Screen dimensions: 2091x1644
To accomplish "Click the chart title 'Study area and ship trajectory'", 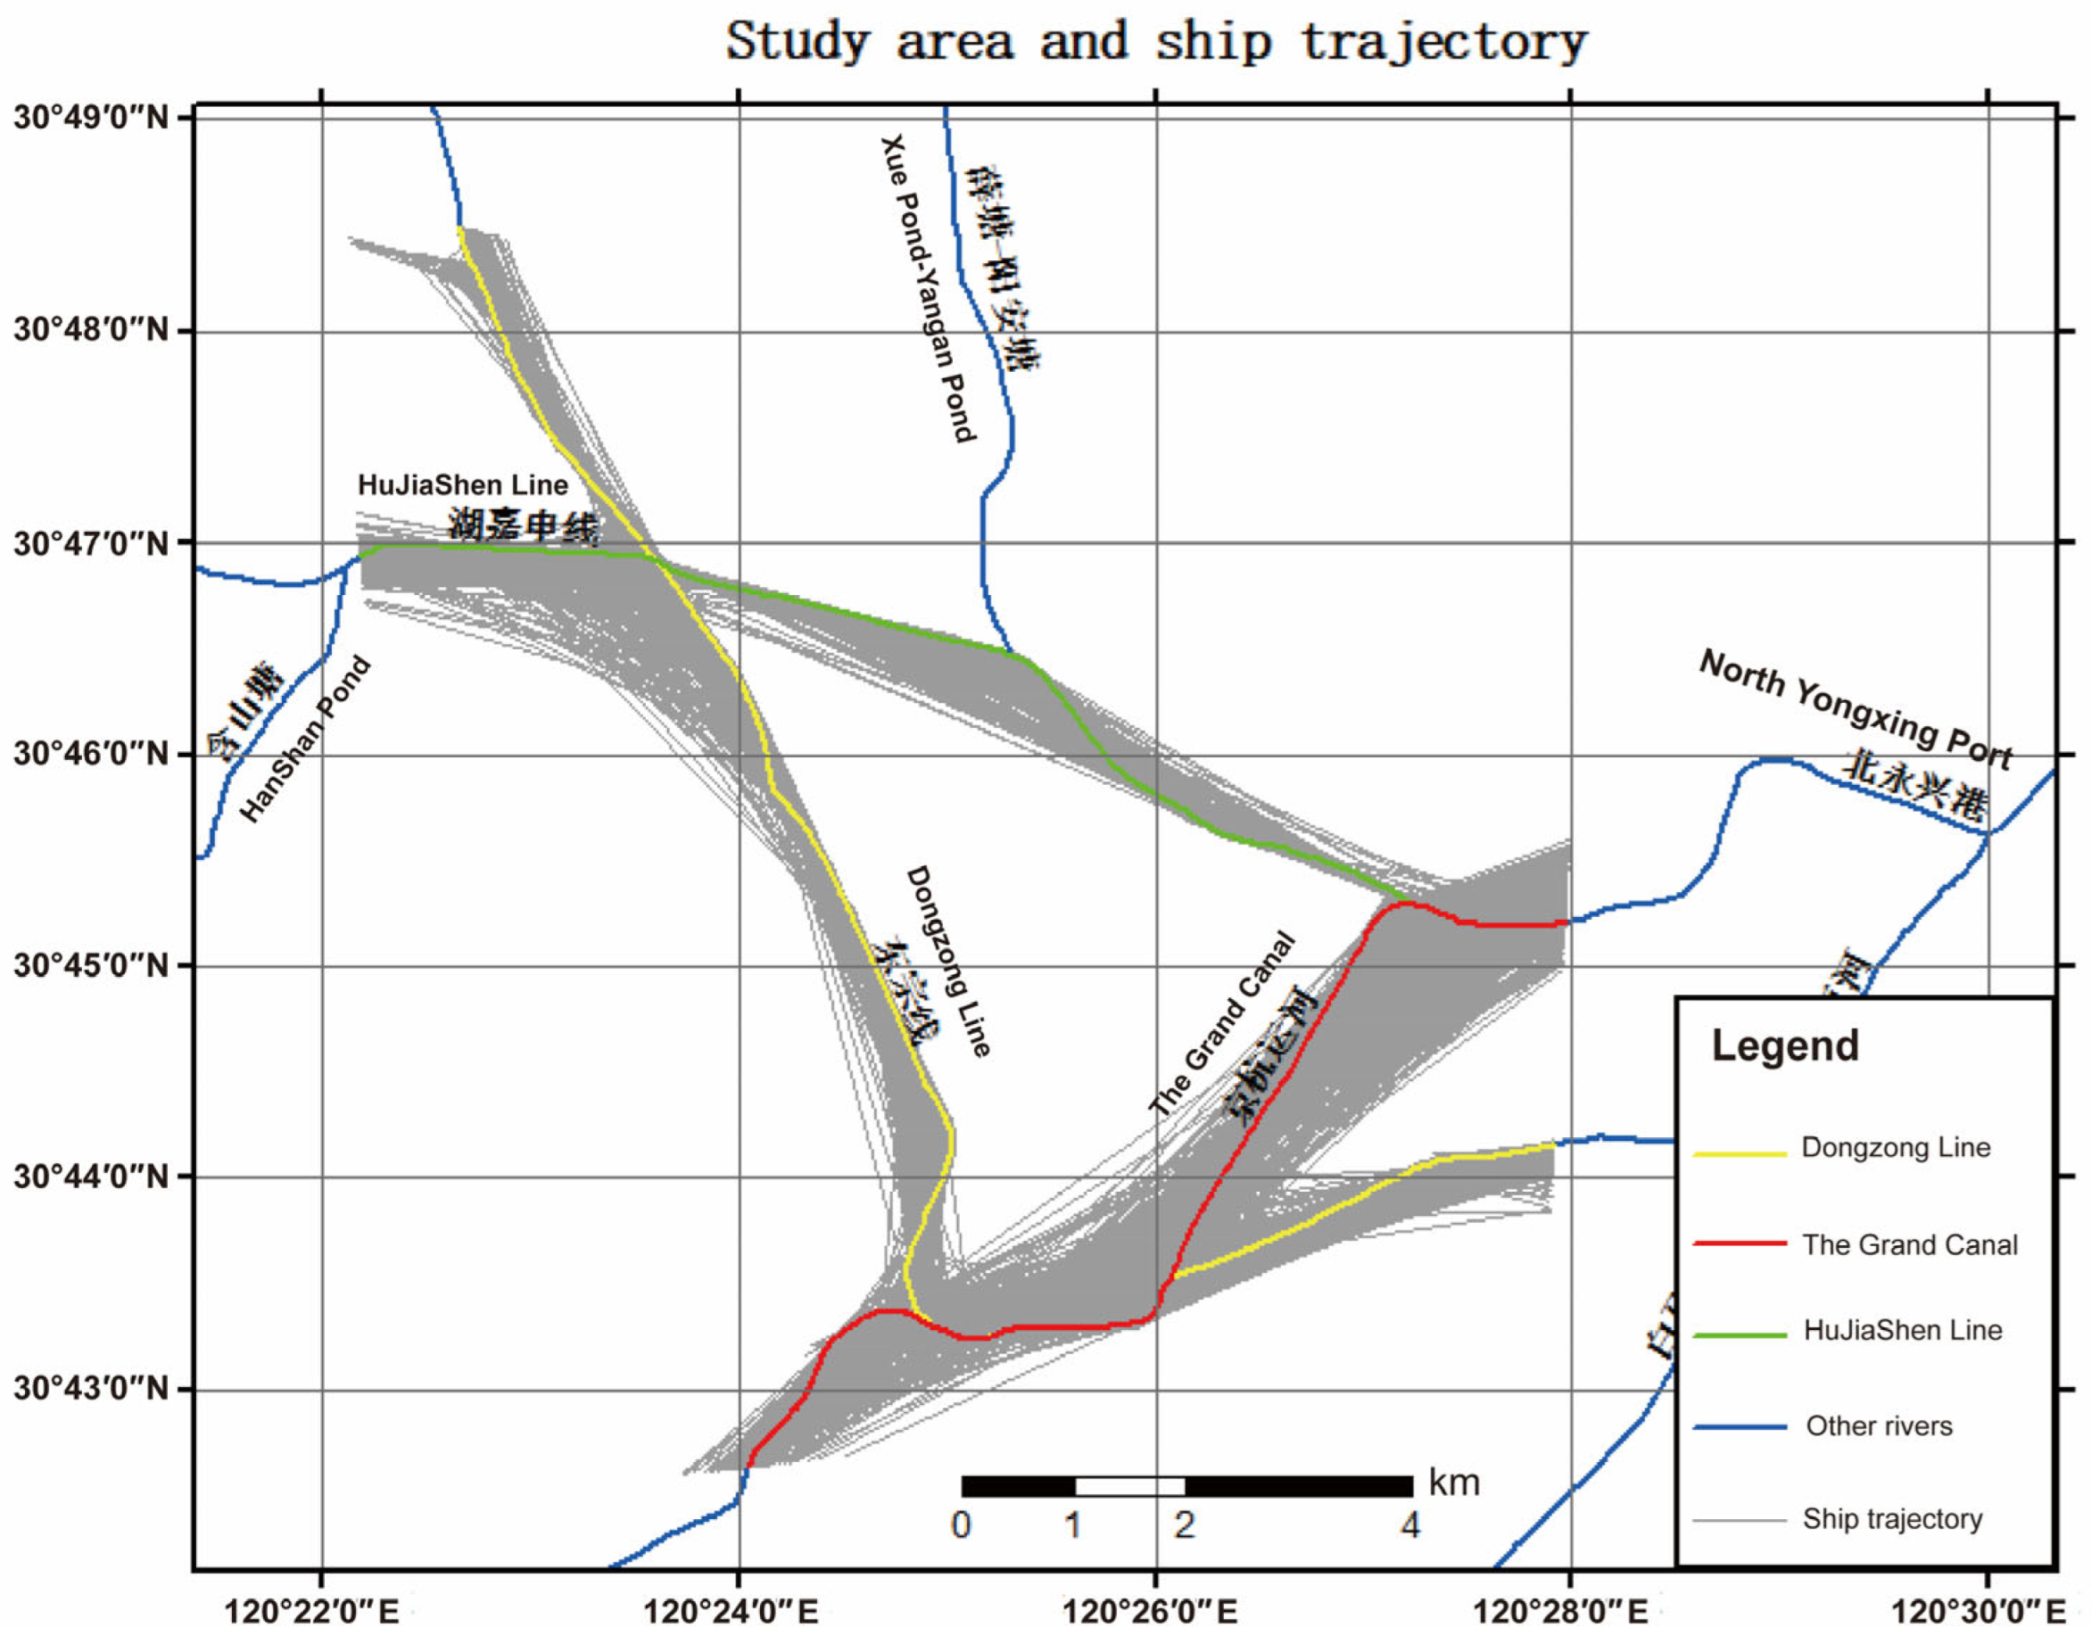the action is coord(1155,41).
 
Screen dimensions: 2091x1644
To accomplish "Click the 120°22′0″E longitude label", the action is coord(310,1611).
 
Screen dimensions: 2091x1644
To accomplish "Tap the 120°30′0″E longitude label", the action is coord(1978,1611).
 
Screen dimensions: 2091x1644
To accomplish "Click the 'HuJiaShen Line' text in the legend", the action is coord(1902,1330).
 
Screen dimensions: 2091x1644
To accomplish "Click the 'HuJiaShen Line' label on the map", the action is coord(462,484).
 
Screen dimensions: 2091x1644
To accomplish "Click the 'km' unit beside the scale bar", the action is coord(1454,1483).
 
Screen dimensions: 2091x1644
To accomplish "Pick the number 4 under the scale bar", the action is coord(1409,1525).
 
